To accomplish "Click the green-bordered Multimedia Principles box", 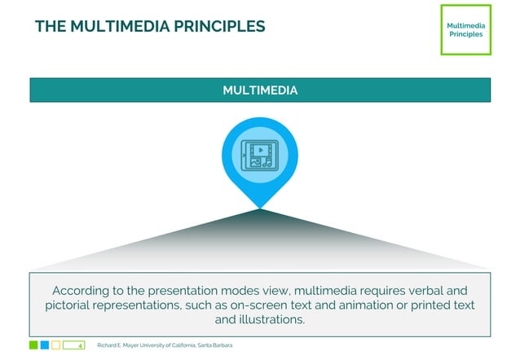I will click(465, 29).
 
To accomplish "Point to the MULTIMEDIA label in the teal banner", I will click(260, 90).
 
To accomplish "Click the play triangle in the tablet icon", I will click(260, 150).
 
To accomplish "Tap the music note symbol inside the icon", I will click(267, 162).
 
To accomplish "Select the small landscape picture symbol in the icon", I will click(253, 162).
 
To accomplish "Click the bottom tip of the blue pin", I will click(260, 207).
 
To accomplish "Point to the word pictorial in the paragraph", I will click(73, 305).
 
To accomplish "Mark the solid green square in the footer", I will click(33, 345).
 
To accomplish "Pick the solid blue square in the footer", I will click(45, 345).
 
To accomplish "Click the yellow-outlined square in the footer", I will click(56, 345).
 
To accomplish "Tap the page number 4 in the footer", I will click(80, 346).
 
